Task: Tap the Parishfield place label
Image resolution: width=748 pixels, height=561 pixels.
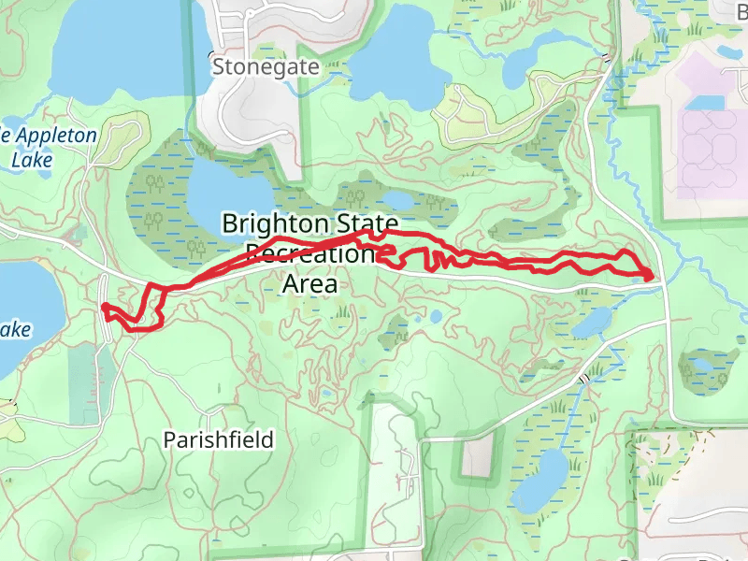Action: [x=218, y=439]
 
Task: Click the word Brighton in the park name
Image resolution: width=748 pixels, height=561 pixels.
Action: [x=275, y=223]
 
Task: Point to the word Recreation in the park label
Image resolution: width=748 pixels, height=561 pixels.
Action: [x=309, y=253]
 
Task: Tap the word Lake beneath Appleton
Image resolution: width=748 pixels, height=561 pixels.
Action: [x=32, y=160]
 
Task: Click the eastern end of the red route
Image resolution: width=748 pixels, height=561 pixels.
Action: [x=649, y=275]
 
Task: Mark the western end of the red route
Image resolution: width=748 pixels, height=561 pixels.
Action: [x=103, y=307]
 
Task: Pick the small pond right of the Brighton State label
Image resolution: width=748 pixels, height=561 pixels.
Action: [x=396, y=200]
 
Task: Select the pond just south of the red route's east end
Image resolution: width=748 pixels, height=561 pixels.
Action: [x=593, y=322]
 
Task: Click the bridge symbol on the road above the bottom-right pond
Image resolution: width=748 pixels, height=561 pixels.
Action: [x=584, y=379]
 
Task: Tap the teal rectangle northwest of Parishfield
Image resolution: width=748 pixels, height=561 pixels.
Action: [x=93, y=379]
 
